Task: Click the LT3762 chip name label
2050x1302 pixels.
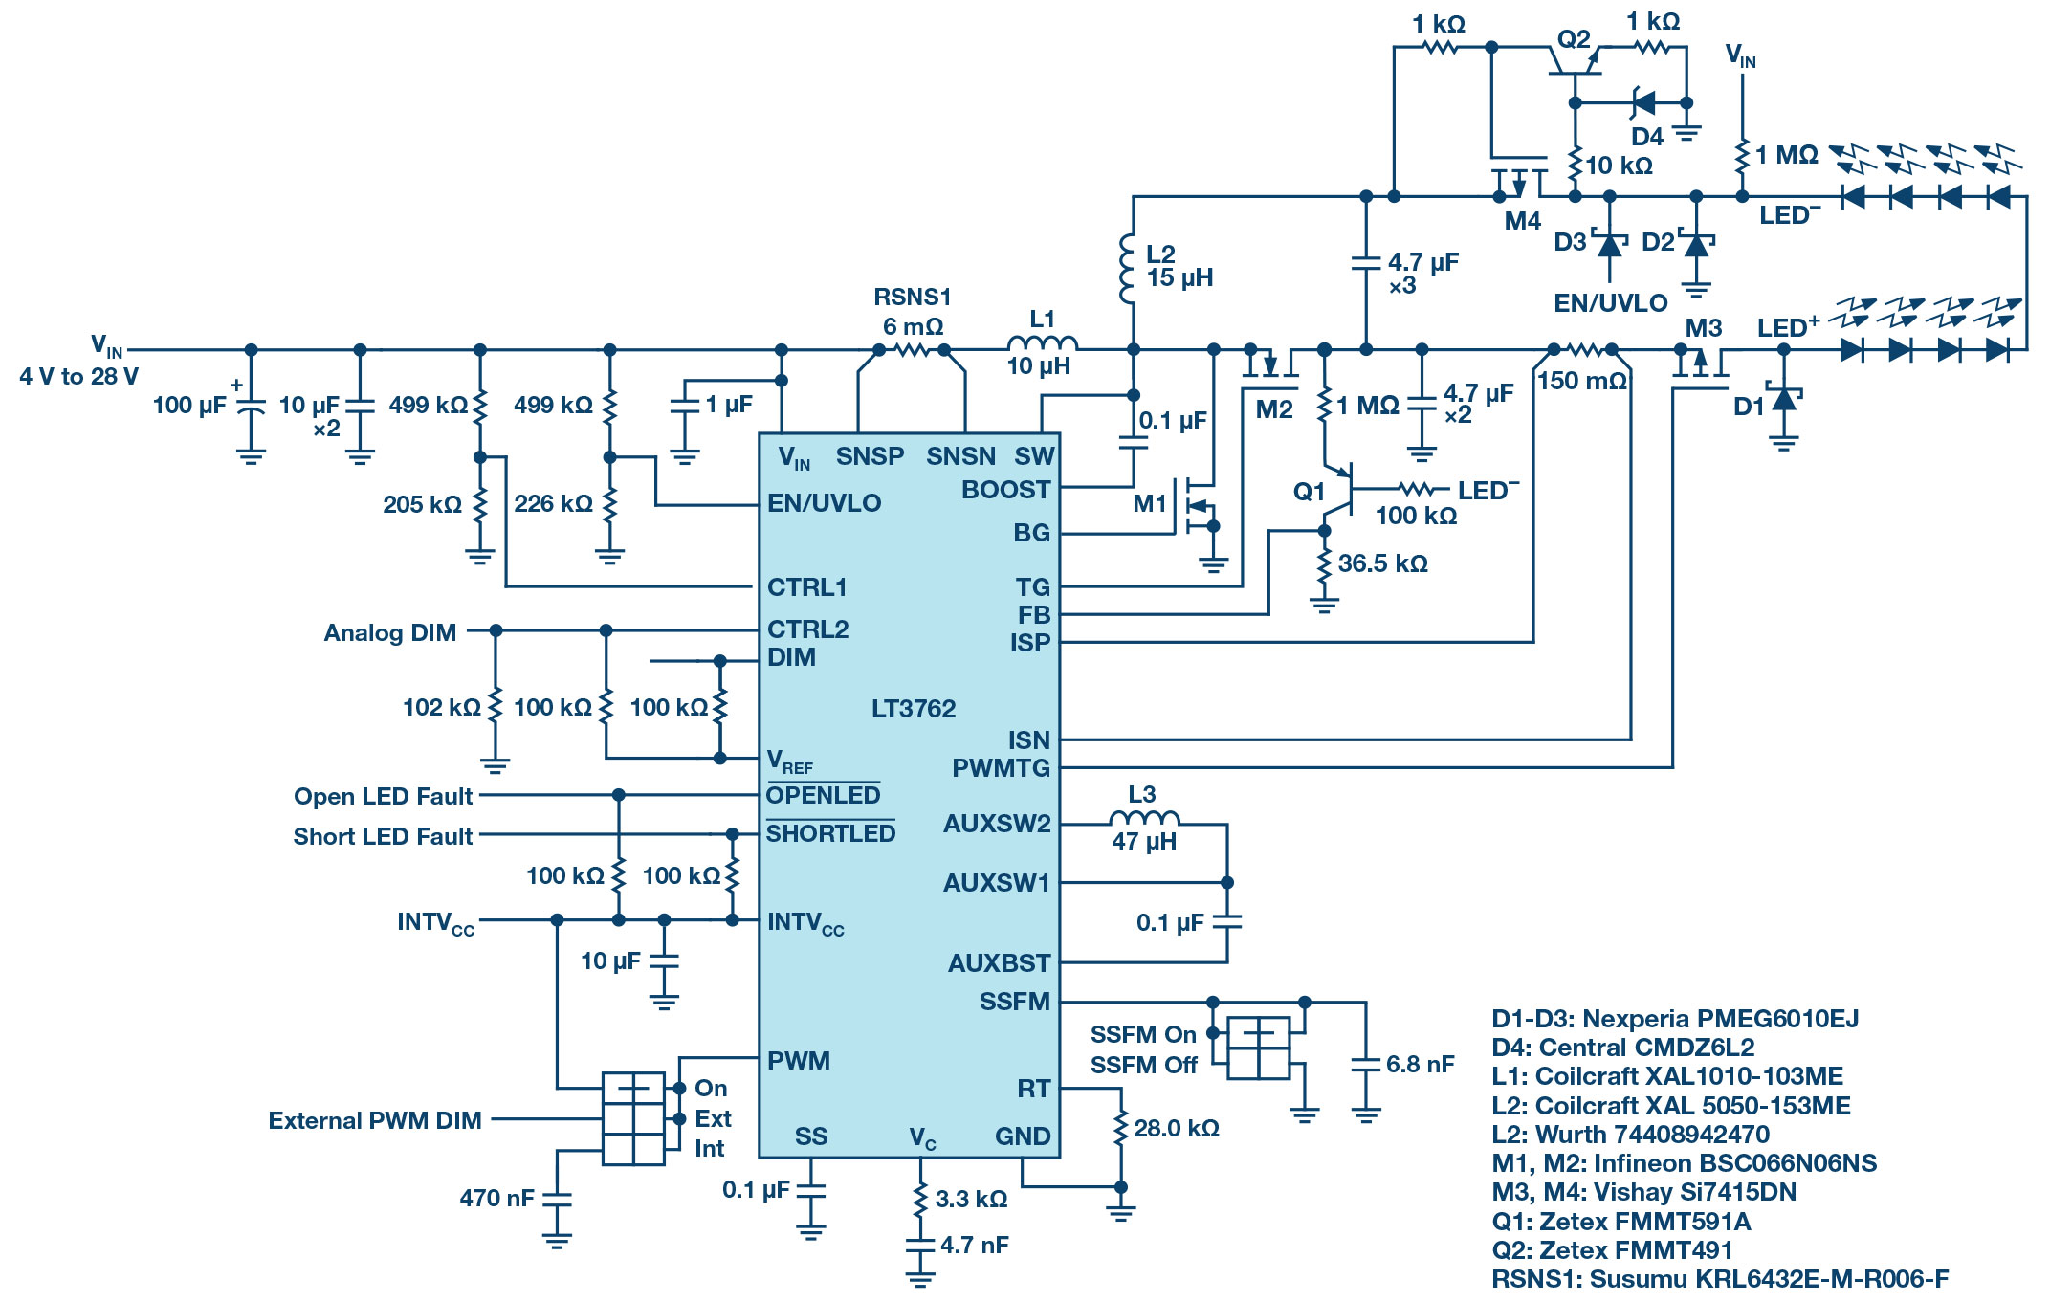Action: pos(913,709)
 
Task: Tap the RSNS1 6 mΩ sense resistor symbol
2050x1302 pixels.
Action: pos(912,351)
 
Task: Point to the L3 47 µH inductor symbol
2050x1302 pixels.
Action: pos(1144,818)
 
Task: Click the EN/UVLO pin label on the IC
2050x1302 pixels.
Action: pos(824,503)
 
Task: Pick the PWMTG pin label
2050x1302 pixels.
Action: pos(1001,768)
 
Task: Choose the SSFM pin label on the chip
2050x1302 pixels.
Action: pos(1014,1002)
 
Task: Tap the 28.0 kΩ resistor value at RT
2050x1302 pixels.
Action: pos(1177,1129)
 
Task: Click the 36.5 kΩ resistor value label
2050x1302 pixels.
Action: pos(1382,563)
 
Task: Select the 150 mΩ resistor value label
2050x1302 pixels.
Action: pos(1582,381)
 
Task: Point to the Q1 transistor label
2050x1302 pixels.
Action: pos(1309,492)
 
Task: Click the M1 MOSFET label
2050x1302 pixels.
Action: pos(1150,503)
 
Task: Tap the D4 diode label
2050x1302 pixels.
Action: pos(1647,137)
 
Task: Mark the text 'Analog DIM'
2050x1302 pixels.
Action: pos(389,633)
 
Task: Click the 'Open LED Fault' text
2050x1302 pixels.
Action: pos(383,797)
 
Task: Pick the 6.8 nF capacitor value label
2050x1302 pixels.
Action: pos(1420,1065)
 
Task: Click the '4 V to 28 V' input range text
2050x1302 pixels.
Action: pos(78,377)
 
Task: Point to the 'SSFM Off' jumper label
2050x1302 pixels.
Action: pos(1143,1066)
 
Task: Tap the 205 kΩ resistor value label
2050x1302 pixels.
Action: pos(422,504)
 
